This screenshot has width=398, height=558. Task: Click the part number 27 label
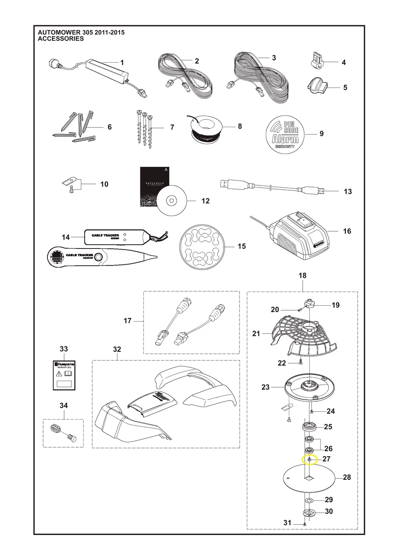[x=326, y=459]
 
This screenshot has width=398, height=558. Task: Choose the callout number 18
[x=302, y=275]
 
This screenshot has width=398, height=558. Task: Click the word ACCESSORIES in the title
[x=61, y=39]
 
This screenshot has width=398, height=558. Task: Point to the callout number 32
[x=117, y=349]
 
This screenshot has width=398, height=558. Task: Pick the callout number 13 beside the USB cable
[x=347, y=191]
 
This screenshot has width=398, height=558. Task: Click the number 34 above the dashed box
[x=64, y=406]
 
